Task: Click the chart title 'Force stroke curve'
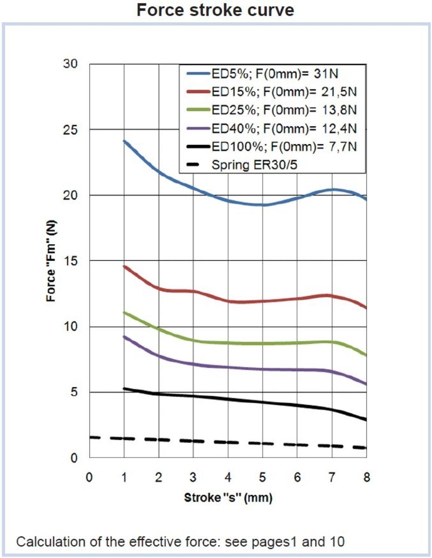coord(215,10)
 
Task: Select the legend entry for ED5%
coord(275,74)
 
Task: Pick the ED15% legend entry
coord(284,92)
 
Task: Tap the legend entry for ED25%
coord(284,110)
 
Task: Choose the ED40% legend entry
coord(284,129)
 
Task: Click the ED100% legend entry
coord(284,147)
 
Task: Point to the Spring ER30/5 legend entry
coord(254,165)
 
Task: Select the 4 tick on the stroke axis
coord(228,477)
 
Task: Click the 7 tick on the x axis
coord(332,477)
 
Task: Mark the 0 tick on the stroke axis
coord(89,477)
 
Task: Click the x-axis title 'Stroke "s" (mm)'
coord(228,498)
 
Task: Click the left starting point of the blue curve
coord(124,141)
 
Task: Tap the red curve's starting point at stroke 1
coord(124,266)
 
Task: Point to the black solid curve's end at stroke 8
coord(366,420)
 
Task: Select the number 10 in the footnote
coord(337,542)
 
